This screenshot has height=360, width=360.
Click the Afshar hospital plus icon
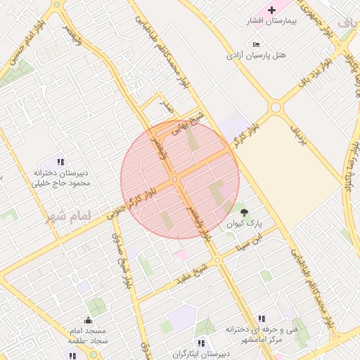[x=272, y=10]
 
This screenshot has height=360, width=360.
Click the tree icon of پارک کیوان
[x=244, y=212]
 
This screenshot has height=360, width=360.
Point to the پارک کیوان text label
[x=244, y=224]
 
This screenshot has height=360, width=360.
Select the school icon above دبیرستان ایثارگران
[x=201, y=343]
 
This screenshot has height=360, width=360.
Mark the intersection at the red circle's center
[x=176, y=180]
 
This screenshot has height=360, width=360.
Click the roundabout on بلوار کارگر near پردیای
[x=275, y=107]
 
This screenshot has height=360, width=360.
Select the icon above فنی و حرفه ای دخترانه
[x=262, y=319]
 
